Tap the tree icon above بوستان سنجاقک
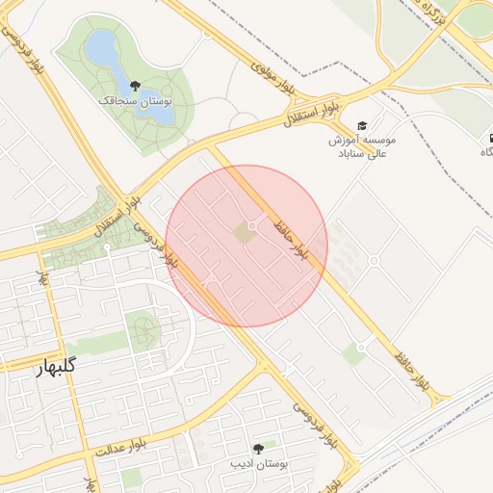[x=135, y=86]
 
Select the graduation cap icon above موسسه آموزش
[x=362, y=126]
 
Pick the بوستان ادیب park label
[x=258, y=463]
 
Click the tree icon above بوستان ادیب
[x=258, y=449]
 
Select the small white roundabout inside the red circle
[x=252, y=226]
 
